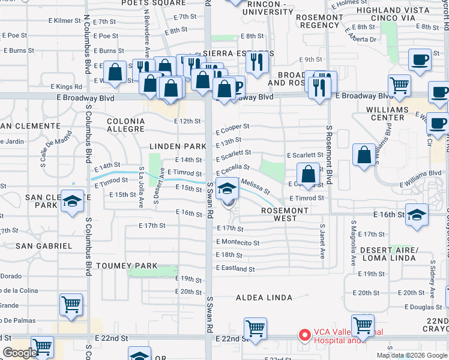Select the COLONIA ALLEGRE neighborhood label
click(125, 125)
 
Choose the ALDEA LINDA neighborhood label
click(264, 298)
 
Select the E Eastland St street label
click(235, 269)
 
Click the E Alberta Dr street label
click(364, 40)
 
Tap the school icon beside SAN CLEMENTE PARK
click(71, 201)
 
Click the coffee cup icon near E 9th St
click(420, 60)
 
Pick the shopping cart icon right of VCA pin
click(363, 326)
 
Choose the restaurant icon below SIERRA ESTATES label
click(257, 61)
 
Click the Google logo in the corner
click(20, 352)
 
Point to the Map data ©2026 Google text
click(412, 355)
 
